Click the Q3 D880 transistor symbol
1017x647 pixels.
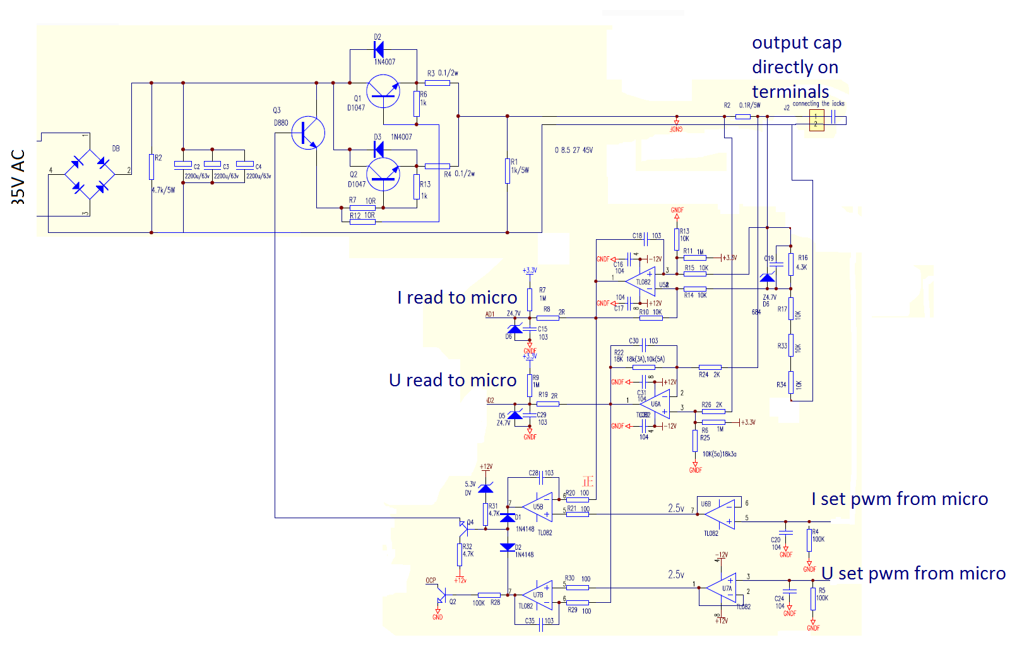[x=308, y=133]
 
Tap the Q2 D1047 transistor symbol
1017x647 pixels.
[x=383, y=174]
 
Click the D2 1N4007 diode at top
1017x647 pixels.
[x=379, y=50]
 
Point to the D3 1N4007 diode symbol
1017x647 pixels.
[x=379, y=150]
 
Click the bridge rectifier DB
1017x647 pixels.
[x=90, y=175]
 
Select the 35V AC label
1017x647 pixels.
[x=18, y=177]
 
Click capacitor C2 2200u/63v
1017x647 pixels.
[x=183, y=164]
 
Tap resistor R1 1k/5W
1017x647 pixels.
[x=507, y=170]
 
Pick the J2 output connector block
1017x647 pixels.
[x=816, y=120]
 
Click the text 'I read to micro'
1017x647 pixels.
[x=457, y=298]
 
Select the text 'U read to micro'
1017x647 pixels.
[x=453, y=381]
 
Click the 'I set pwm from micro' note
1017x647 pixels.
[x=900, y=499]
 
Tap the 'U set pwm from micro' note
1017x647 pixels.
[x=913, y=574]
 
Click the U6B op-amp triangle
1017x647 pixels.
[x=720, y=513]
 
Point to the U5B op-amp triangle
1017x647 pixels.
[x=538, y=507]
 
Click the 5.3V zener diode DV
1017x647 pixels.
[x=485, y=489]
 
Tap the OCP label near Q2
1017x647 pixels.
[x=431, y=580]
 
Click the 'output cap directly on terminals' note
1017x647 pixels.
[x=796, y=67]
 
